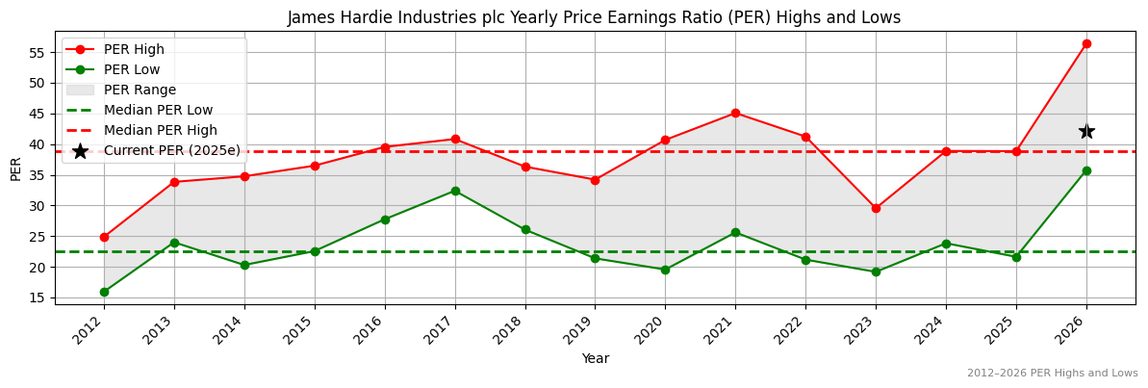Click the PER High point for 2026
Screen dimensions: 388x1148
(x=1086, y=43)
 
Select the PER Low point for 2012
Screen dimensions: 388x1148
(x=104, y=292)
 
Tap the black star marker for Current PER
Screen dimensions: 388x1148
(x=1086, y=131)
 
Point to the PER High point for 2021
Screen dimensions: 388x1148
(x=735, y=113)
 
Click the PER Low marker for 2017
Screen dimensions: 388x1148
(x=455, y=191)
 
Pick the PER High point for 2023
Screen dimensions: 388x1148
(x=876, y=208)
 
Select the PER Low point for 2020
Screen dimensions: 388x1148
(x=665, y=270)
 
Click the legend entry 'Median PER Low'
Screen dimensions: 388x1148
(x=158, y=110)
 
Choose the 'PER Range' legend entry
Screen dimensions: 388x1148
(x=140, y=90)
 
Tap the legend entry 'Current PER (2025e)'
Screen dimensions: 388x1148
(x=171, y=150)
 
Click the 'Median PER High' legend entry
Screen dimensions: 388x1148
(x=160, y=130)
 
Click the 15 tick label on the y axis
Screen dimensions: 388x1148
(x=38, y=297)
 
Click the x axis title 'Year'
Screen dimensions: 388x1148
(x=595, y=359)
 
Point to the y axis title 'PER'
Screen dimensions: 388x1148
(x=15, y=168)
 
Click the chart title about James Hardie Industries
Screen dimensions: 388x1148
(x=595, y=17)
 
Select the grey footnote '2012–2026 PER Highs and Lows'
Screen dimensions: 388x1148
(x=1052, y=374)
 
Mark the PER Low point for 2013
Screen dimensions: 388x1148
(x=174, y=243)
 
